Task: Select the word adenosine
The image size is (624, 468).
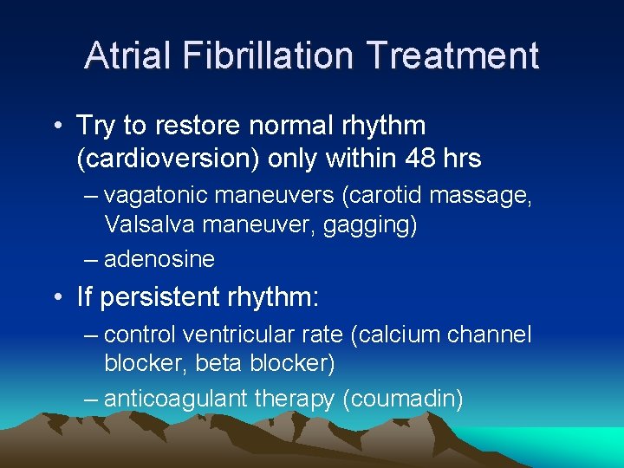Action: click(159, 258)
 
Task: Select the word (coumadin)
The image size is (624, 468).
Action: click(403, 399)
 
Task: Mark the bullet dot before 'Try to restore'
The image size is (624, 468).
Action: click(55, 127)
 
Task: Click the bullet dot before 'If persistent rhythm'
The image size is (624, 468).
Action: click(55, 299)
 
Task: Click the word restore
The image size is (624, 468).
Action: click(197, 126)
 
